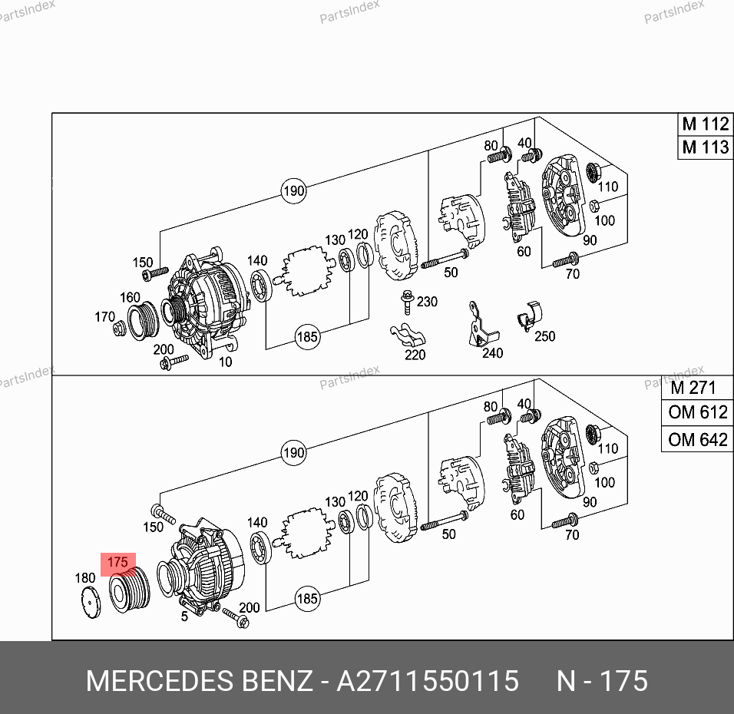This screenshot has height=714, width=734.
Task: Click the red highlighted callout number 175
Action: (x=118, y=563)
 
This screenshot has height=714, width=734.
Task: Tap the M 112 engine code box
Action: (x=706, y=124)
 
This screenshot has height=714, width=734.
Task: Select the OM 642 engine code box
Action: (x=697, y=440)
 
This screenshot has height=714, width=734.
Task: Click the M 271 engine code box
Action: (x=697, y=388)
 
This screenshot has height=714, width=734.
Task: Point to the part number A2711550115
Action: (x=428, y=681)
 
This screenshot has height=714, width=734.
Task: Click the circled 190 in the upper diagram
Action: (x=294, y=191)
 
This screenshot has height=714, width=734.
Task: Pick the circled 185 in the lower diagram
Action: (x=308, y=599)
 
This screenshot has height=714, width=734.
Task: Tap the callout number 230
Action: (x=427, y=302)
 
